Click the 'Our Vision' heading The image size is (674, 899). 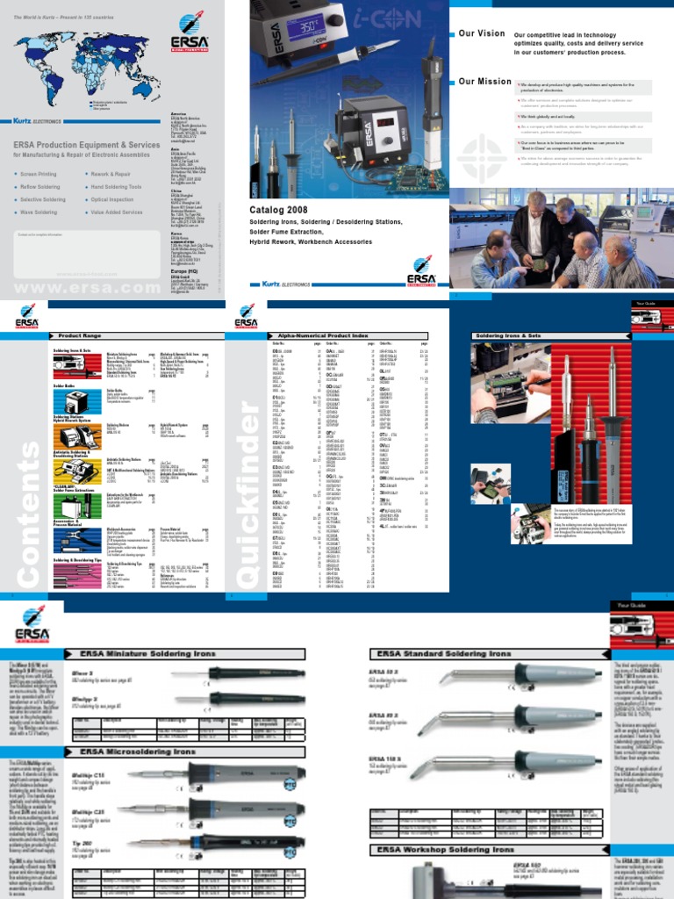(482, 33)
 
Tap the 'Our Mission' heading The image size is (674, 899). (484, 82)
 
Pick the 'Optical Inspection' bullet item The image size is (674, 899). (115, 199)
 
